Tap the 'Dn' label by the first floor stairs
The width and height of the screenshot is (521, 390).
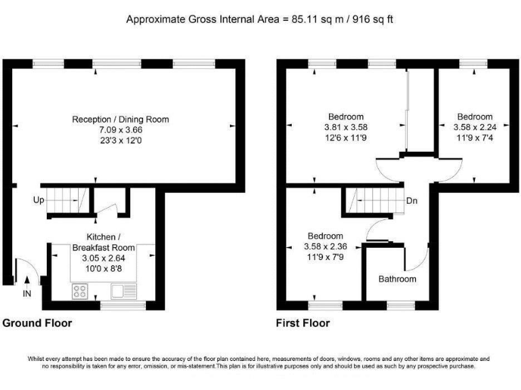click(x=412, y=201)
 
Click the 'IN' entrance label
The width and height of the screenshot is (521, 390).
click(x=27, y=292)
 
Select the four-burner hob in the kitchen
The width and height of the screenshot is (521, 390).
click(x=80, y=292)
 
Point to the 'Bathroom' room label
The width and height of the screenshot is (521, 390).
click(x=397, y=279)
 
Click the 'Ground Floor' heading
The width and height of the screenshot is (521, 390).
click(x=37, y=323)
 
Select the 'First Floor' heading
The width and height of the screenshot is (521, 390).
click(x=303, y=323)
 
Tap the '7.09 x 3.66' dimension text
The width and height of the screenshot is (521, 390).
click(x=121, y=130)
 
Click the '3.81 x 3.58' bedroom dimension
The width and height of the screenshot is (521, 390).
click(x=346, y=127)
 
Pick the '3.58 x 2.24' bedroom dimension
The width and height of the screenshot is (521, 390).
click(x=474, y=127)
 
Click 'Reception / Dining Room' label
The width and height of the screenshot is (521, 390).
click(x=121, y=120)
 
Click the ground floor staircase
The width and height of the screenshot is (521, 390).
click(x=67, y=200)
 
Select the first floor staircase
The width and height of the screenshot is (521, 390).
click(x=377, y=200)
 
